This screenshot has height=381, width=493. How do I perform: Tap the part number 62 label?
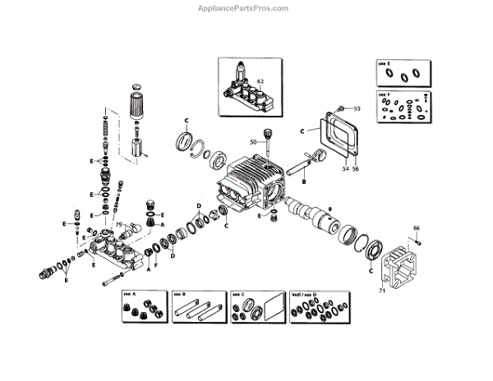[260, 80]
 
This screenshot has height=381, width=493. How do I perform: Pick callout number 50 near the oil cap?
[253, 141]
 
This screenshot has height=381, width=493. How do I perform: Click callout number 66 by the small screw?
[416, 227]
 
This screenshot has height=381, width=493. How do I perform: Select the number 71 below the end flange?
[380, 291]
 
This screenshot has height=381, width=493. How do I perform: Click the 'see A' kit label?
[128, 293]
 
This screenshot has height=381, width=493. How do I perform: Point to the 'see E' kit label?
[384, 62]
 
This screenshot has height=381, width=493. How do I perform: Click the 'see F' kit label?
[384, 94]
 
